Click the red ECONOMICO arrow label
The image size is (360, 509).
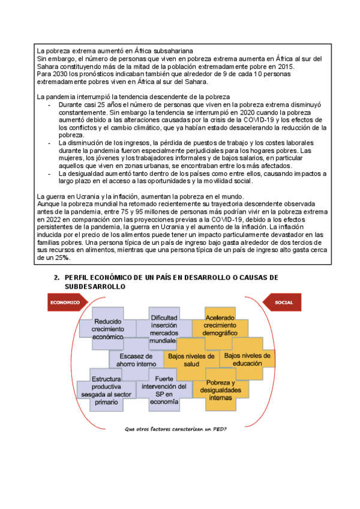tap(65, 303)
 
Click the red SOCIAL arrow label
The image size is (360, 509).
tap(283, 303)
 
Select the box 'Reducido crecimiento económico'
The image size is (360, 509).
tap(108, 329)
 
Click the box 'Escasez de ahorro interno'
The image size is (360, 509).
tap(136, 359)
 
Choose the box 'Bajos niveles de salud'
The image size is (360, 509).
tap(191, 360)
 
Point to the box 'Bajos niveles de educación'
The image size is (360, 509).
tap(247, 359)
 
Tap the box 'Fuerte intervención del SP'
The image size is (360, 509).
tap(164, 391)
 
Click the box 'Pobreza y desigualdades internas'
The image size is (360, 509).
tap(220, 391)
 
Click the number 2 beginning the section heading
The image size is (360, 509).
tap(56, 278)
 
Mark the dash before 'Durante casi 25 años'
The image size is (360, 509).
tap(49, 104)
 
